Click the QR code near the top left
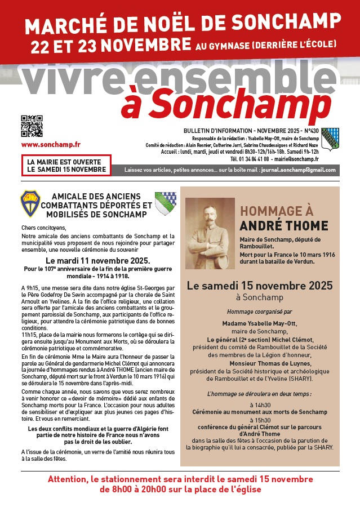32,126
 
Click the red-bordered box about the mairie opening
66,165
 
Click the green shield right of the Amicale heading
165,203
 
